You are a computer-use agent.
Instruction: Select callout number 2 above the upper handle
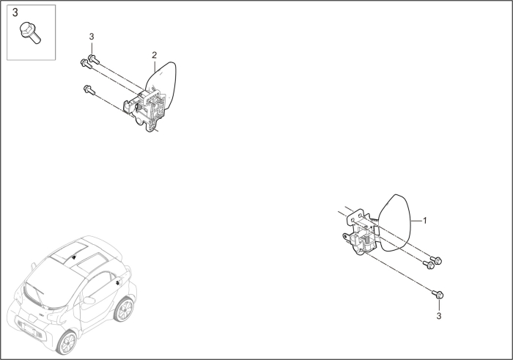point(154,56)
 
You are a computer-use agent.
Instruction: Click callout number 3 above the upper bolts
point(92,37)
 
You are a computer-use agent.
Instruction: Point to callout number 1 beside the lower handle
point(426,220)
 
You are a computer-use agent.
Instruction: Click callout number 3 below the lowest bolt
point(439,316)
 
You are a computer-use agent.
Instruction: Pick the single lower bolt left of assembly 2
point(89,90)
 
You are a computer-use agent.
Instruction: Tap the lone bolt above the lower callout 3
point(438,293)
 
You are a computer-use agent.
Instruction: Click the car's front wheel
point(69,342)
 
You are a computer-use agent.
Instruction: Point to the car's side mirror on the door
point(89,300)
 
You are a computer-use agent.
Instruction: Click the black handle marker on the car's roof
point(73,257)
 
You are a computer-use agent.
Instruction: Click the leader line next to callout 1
point(417,220)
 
